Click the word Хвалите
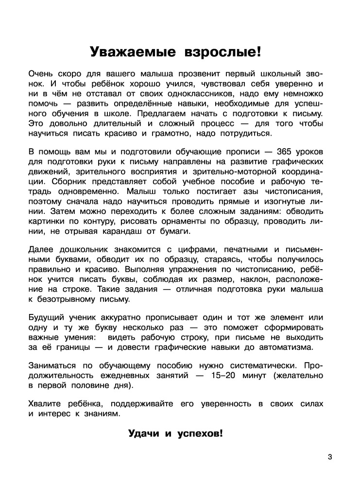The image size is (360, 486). point(47,404)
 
